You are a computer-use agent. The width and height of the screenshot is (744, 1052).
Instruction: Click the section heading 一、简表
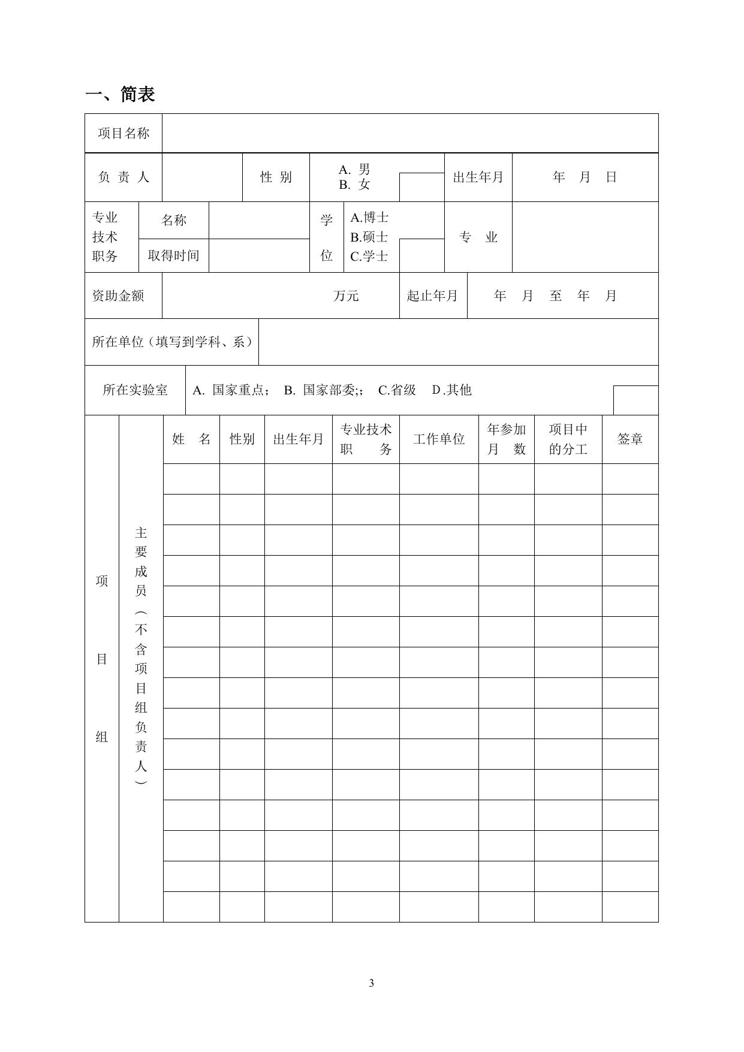pyautogui.click(x=121, y=94)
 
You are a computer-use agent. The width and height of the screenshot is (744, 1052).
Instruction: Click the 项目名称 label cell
pyautogui.click(x=124, y=133)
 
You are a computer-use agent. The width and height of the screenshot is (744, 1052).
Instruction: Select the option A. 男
pyautogui.click(x=354, y=170)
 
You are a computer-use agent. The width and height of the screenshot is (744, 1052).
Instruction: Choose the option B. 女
pyautogui.click(x=354, y=185)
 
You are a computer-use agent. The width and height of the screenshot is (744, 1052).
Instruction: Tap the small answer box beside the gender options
pyautogui.click(x=421, y=187)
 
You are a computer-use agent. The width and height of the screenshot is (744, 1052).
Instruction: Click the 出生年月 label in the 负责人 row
pyautogui.click(x=478, y=177)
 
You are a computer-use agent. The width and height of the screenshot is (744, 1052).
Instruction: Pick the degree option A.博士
pyautogui.click(x=369, y=218)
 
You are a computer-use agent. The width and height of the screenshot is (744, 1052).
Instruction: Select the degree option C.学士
pyautogui.click(x=369, y=257)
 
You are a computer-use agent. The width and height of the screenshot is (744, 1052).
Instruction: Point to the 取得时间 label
pyautogui.click(x=173, y=256)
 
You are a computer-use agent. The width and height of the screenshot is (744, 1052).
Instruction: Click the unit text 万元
pyautogui.click(x=346, y=296)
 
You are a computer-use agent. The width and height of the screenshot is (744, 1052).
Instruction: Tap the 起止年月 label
pyautogui.click(x=432, y=296)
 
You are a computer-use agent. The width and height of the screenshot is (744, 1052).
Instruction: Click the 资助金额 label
pyautogui.click(x=118, y=296)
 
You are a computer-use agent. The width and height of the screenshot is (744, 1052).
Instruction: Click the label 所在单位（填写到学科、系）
pyautogui.click(x=171, y=342)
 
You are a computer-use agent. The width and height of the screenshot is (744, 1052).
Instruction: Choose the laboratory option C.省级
pyautogui.click(x=397, y=390)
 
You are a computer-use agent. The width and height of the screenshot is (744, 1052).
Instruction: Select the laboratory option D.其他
pyautogui.click(x=452, y=390)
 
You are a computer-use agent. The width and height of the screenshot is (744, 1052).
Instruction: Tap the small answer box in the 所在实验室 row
pyautogui.click(x=635, y=400)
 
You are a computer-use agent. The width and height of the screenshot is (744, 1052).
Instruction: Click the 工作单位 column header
pyautogui.click(x=439, y=439)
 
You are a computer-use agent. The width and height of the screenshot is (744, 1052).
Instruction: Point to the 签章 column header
pyautogui.click(x=630, y=439)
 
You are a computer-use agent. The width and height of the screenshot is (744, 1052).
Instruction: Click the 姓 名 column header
pyautogui.click(x=191, y=439)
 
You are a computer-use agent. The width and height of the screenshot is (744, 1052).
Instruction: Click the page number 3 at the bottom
pyautogui.click(x=372, y=983)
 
